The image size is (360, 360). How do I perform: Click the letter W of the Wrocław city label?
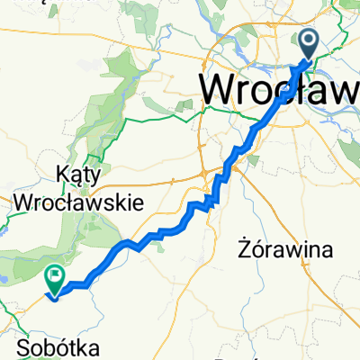click(x=219, y=90)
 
